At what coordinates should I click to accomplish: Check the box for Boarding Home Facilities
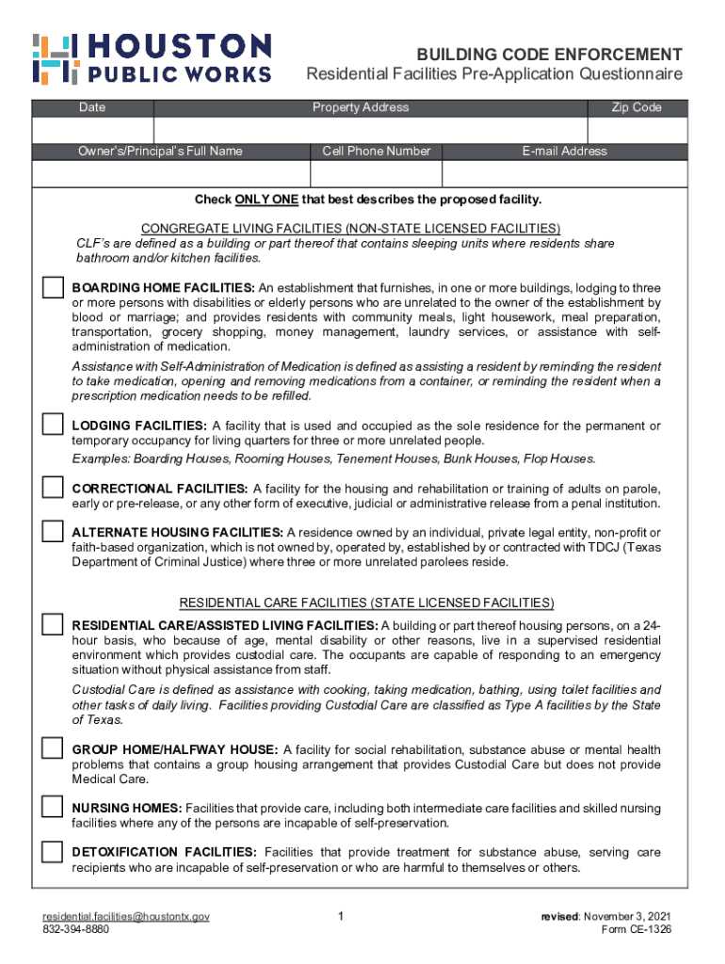[52, 288]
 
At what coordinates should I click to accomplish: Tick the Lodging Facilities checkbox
[52, 425]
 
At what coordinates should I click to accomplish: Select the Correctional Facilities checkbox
[52, 488]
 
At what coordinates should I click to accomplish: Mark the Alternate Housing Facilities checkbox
[52, 532]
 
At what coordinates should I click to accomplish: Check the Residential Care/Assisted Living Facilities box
[52, 624]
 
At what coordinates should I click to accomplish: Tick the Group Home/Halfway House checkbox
[52, 749]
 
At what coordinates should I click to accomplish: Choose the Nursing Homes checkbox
[52, 807]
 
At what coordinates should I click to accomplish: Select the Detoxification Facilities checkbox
[52, 852]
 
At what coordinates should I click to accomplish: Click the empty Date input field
[92, 130]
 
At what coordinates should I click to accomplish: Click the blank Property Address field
[370, 130]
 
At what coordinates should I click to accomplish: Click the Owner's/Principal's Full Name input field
[170, 174]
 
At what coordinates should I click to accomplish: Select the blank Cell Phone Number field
[376, 174]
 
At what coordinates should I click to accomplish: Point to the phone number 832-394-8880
[75, 929]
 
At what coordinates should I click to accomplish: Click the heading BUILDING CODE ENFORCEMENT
[551, 55]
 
